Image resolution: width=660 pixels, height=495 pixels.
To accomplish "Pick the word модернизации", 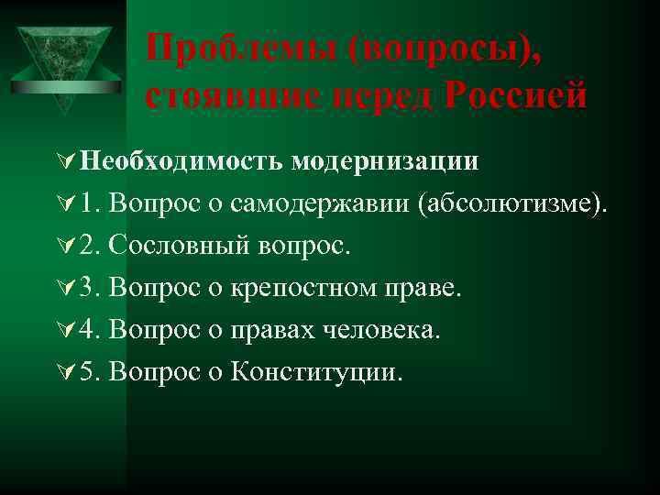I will (386, 162).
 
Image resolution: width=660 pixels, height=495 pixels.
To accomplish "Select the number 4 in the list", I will (86, 331).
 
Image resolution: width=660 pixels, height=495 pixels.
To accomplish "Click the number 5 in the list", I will (86, 373).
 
